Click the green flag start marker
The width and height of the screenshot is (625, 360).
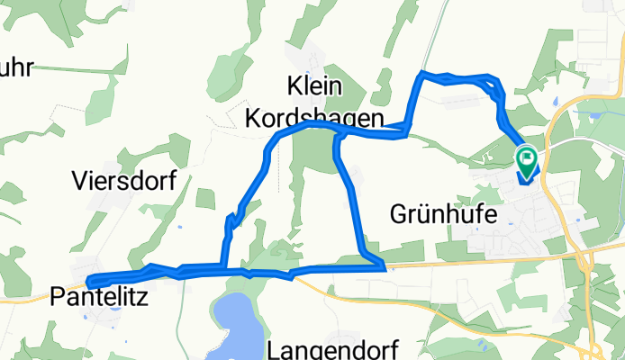pyautogui.click(x=527, y=161)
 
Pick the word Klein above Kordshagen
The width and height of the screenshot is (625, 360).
pyautogui.click(x=316, y=87)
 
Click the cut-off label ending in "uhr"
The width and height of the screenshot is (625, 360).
pyautogui.click(x=16, y=67)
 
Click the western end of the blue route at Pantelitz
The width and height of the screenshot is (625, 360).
pyautogui.click(x=91, y=282)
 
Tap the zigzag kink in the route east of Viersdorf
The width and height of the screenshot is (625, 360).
pyautogui.click(x=231, y=220)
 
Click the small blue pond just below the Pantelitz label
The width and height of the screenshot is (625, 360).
pyautogui.click(x=114, y=312)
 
